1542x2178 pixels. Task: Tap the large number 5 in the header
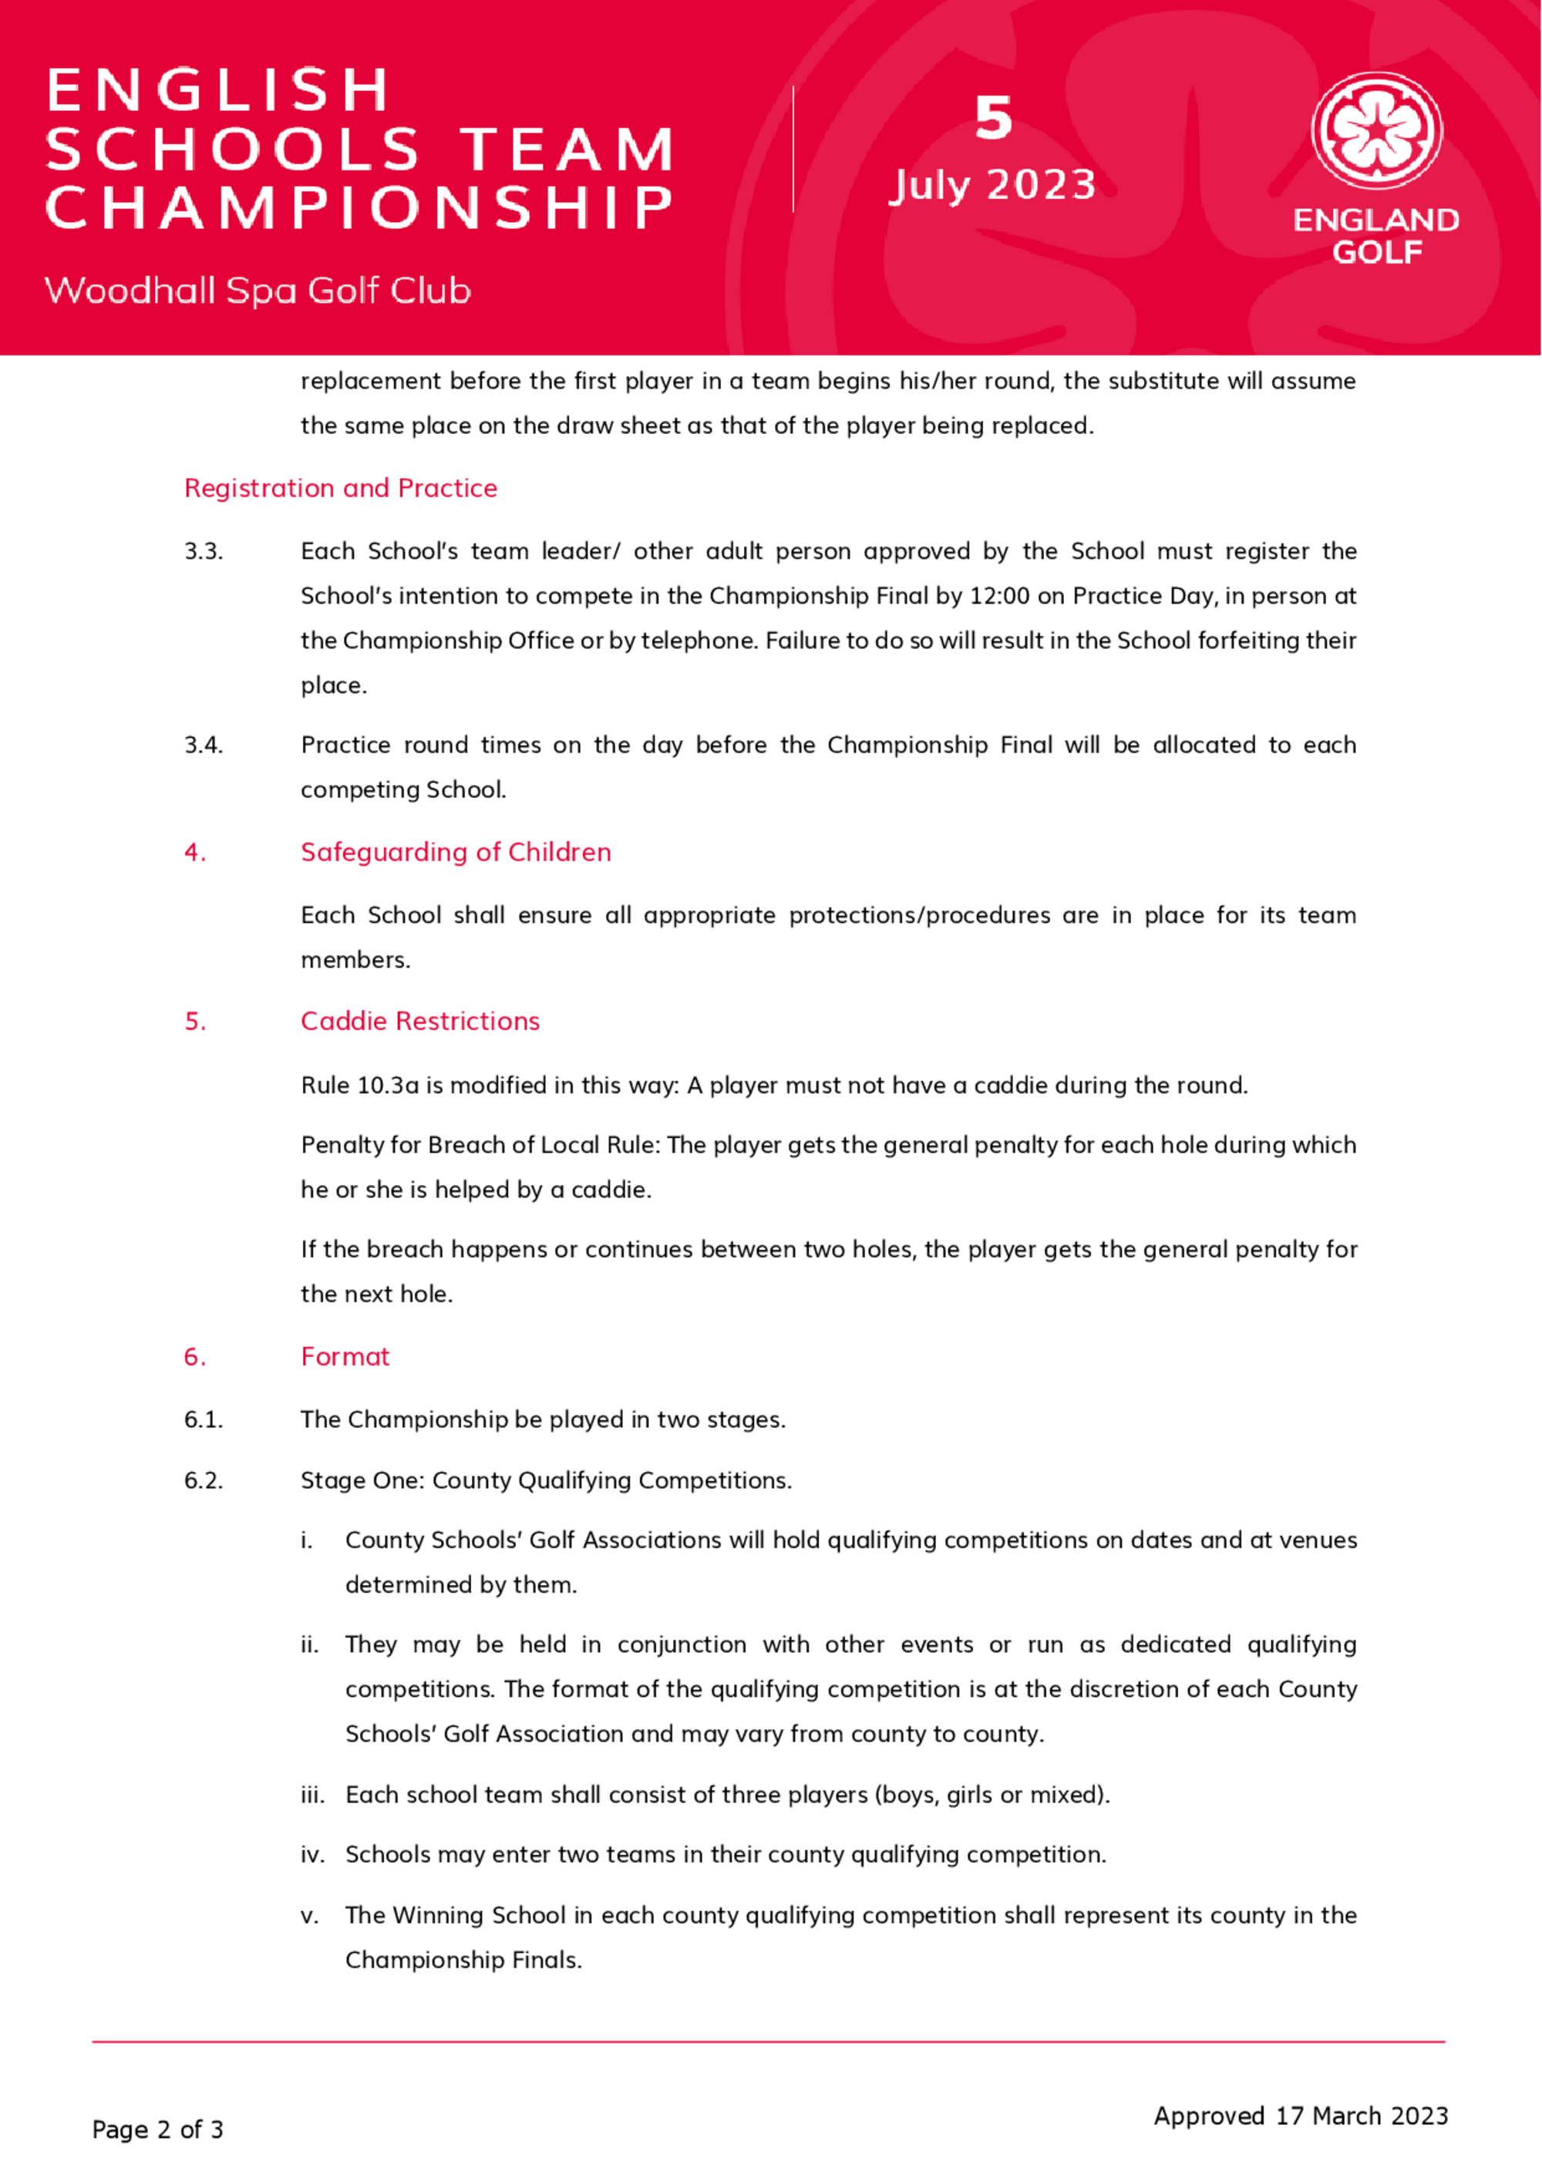tap(993, 119)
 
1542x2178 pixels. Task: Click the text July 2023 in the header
tap(992, 185)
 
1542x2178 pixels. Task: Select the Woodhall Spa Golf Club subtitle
tap(258, 291)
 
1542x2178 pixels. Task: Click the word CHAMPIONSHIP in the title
tap(359, 208)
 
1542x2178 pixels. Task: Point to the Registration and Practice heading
tap(340, 488)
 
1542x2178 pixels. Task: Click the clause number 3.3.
tap(204, 551)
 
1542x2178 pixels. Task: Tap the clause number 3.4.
tap(204, 746)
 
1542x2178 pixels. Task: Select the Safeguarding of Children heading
tap(456, 853)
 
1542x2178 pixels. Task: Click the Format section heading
tap(345, 1357)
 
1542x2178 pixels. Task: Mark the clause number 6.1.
tap(204, 1420)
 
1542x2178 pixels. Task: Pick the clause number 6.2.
tap(204, 1481)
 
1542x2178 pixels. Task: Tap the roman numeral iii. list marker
tap(312, 1796)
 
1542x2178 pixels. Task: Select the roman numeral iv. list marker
tap(312, 1855)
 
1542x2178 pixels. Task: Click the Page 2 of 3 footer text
tap(157, 2129)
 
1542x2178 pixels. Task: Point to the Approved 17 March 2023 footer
tap(1301, 2116)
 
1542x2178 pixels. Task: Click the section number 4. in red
tap(194, 853)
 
